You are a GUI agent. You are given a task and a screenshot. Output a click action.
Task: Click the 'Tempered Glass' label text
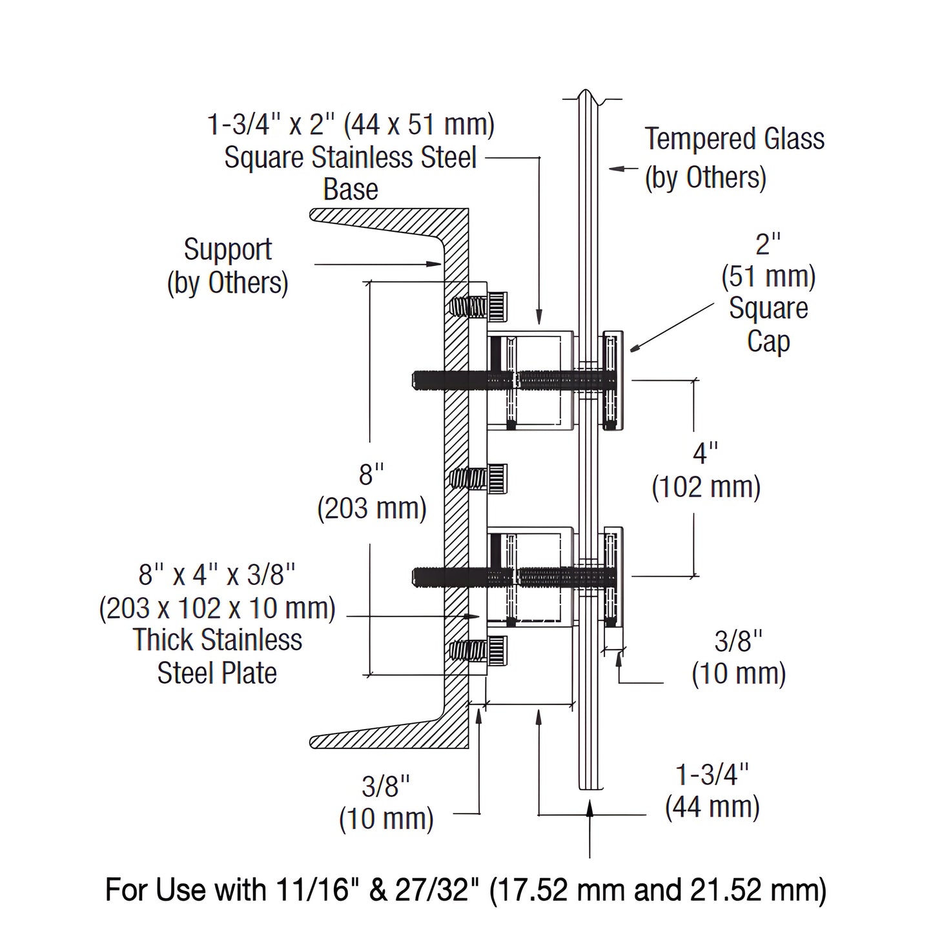[x=734, y=139]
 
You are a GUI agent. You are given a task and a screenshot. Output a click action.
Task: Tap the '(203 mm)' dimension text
[x=372, y=509]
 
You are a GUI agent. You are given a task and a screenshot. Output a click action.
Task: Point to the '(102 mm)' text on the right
[x=706, y=487]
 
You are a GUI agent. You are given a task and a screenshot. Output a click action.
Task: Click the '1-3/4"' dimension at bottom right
[x=712, y=774]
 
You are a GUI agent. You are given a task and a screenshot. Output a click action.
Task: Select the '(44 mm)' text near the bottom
[x=712, y=807]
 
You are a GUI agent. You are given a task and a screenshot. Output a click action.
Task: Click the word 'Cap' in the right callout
[x=768, y=341]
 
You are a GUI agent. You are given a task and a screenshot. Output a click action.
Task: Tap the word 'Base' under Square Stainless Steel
[x=351, y=190]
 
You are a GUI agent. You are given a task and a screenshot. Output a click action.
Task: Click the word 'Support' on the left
[x=228, y=250]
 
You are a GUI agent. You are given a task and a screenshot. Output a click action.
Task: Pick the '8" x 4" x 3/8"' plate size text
[x=217, y=574]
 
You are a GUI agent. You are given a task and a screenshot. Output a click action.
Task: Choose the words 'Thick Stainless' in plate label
[x=218, y=640]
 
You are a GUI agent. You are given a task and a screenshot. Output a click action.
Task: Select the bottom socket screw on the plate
[x=480, y=650]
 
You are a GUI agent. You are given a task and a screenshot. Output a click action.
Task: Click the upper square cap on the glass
[x=612, y=380]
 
